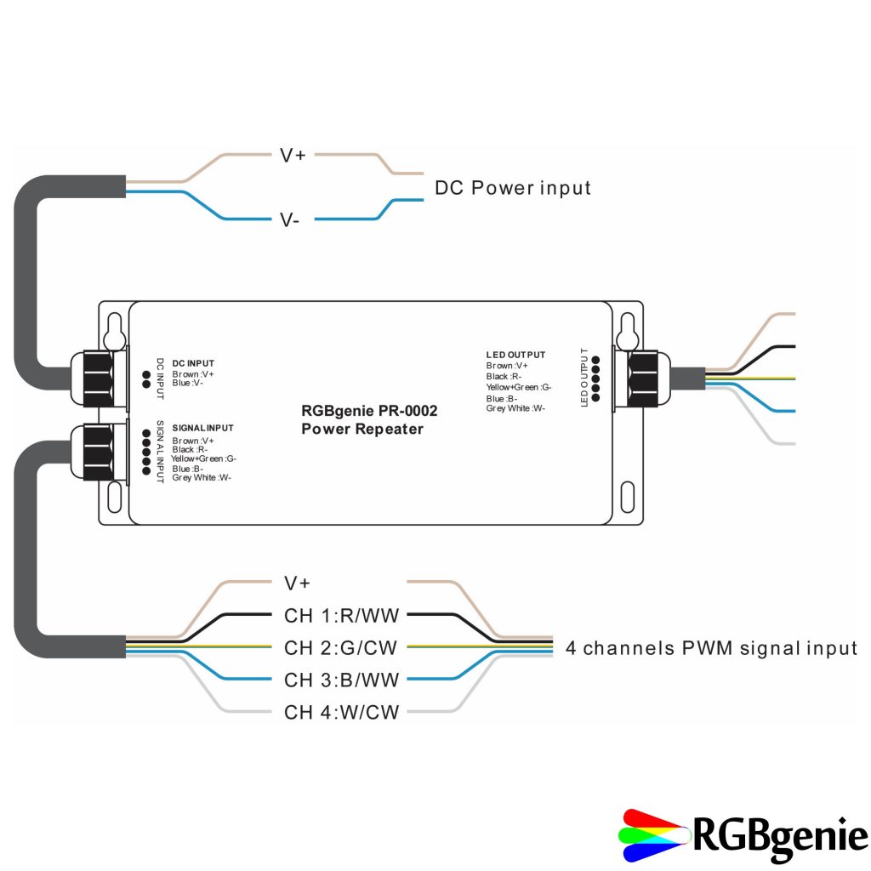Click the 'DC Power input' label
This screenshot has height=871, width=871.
point(512,188)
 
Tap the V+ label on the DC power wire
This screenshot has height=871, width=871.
point(293,155)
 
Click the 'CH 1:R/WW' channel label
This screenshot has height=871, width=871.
point(341,615)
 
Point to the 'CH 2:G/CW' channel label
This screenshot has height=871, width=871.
point(341,648)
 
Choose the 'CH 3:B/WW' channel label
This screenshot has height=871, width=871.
point(341,680)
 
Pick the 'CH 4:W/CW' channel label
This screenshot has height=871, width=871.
point(341,712)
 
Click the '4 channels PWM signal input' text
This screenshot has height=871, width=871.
point(711,648)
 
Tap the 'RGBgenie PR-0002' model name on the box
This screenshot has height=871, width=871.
point(369,411)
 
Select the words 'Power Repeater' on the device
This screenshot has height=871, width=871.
point(361,429)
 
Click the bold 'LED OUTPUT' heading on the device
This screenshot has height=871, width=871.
point(515,355)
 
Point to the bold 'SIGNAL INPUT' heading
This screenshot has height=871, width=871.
point(202,428)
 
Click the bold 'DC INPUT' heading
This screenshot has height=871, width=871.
point(193,363)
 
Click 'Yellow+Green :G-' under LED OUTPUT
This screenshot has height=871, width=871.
point(519,387)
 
